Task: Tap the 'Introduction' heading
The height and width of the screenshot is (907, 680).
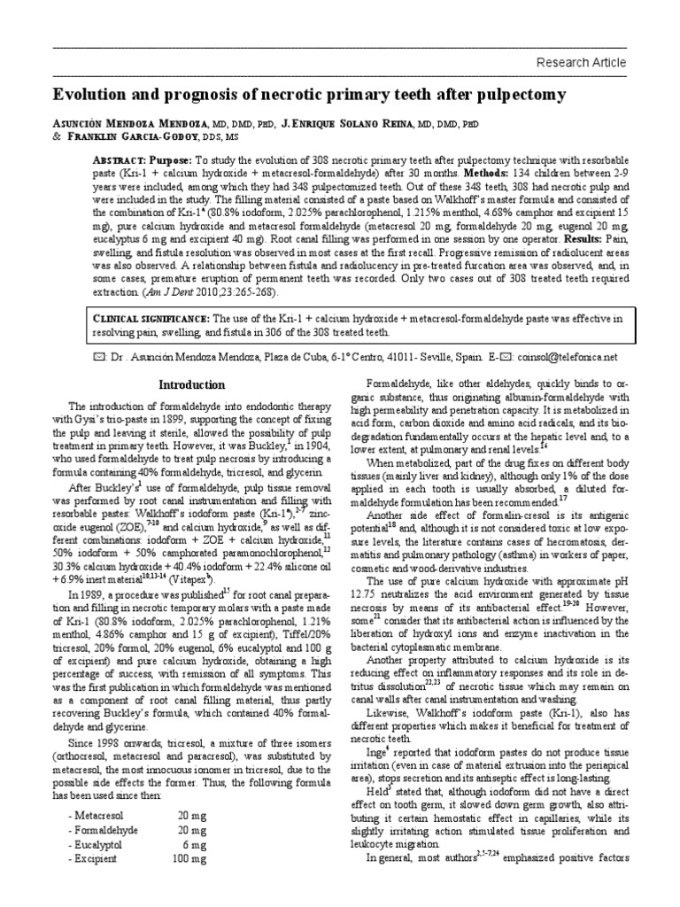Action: (x=191, y=384)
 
